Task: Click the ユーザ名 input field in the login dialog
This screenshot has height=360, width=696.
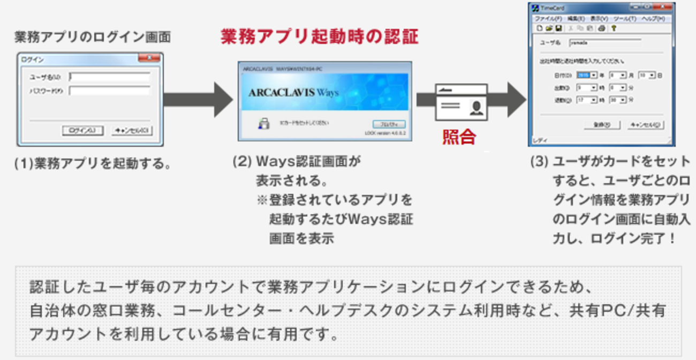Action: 109,77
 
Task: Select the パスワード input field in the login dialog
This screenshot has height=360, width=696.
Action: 109,91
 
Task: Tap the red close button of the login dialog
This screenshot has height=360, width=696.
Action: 148,58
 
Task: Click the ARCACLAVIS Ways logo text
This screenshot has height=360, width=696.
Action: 293,93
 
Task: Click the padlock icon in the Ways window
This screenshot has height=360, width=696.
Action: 263,124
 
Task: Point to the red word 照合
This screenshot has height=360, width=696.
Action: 459,137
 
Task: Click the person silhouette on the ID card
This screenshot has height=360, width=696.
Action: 475,108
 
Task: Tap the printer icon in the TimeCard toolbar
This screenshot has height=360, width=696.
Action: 601,28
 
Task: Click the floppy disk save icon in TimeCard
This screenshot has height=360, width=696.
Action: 557,28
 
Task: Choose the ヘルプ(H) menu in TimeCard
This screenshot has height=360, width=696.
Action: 653,19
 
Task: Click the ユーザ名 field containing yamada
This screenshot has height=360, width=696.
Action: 605,43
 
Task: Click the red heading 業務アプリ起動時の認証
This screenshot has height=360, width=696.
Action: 320,36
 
